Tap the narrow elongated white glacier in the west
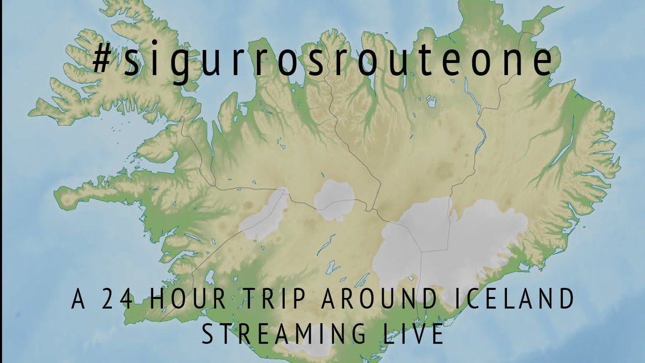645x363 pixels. click(266, 215)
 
